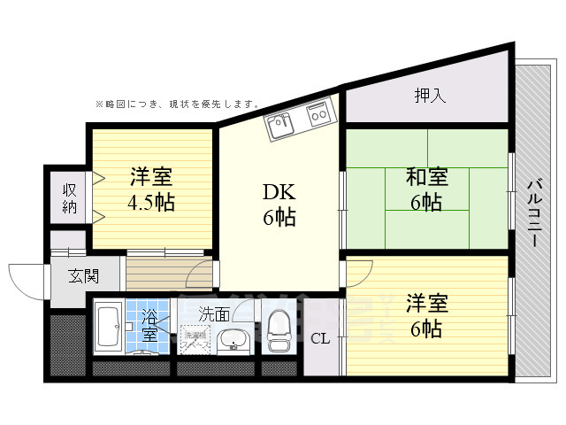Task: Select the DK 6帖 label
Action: (278, 205)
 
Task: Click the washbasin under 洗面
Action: (233, 338)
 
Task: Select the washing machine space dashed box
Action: (195, 337)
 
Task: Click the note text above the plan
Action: (177, 104)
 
